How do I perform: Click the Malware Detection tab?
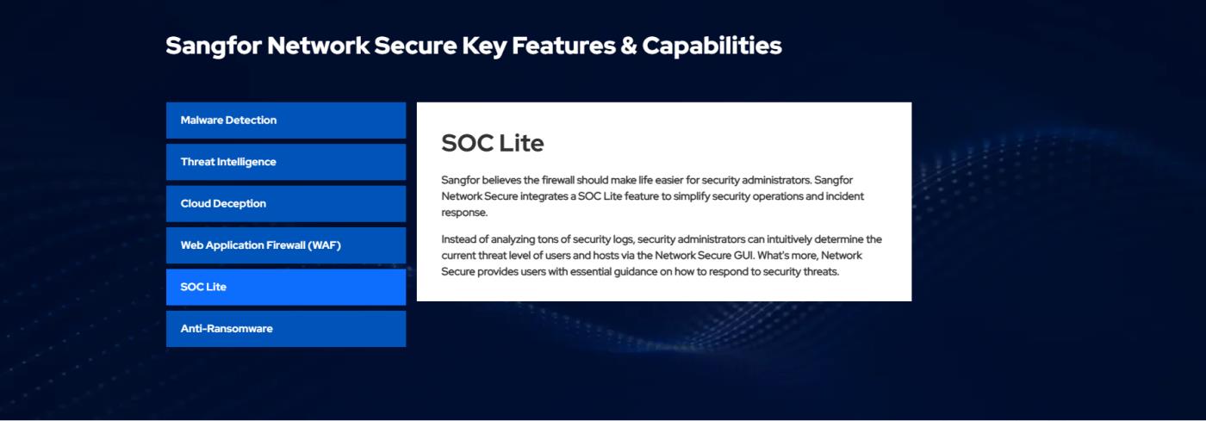[286, 120]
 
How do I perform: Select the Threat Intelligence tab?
[286, 162]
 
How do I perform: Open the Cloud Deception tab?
[286, 203]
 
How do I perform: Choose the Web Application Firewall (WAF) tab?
[286, 245]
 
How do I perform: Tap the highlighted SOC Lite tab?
[286, 287]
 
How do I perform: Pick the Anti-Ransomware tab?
[286, 328]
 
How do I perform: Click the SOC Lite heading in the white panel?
[493, 143]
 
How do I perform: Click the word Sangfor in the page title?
[214, 46]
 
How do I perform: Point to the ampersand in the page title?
[628, 46]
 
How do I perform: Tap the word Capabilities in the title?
[712, 46]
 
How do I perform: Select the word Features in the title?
[563, 46]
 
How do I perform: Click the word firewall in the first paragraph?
[558, 180]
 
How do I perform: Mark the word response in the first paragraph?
[464, 213]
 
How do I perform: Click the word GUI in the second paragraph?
[743, 255]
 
